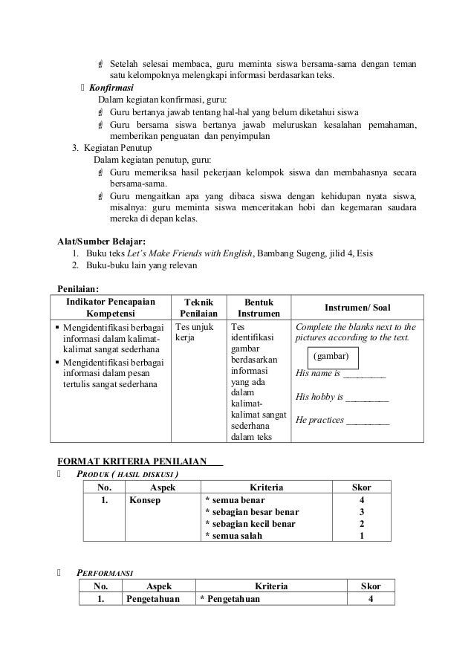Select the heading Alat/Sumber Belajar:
(x=102, y=241)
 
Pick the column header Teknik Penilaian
(x=198, y=308)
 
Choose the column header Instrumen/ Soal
(x=357, y=308)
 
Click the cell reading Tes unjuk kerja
(x=194, y=332)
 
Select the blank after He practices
(x=368, y=420)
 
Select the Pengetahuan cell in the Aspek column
(x=153, y=599)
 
